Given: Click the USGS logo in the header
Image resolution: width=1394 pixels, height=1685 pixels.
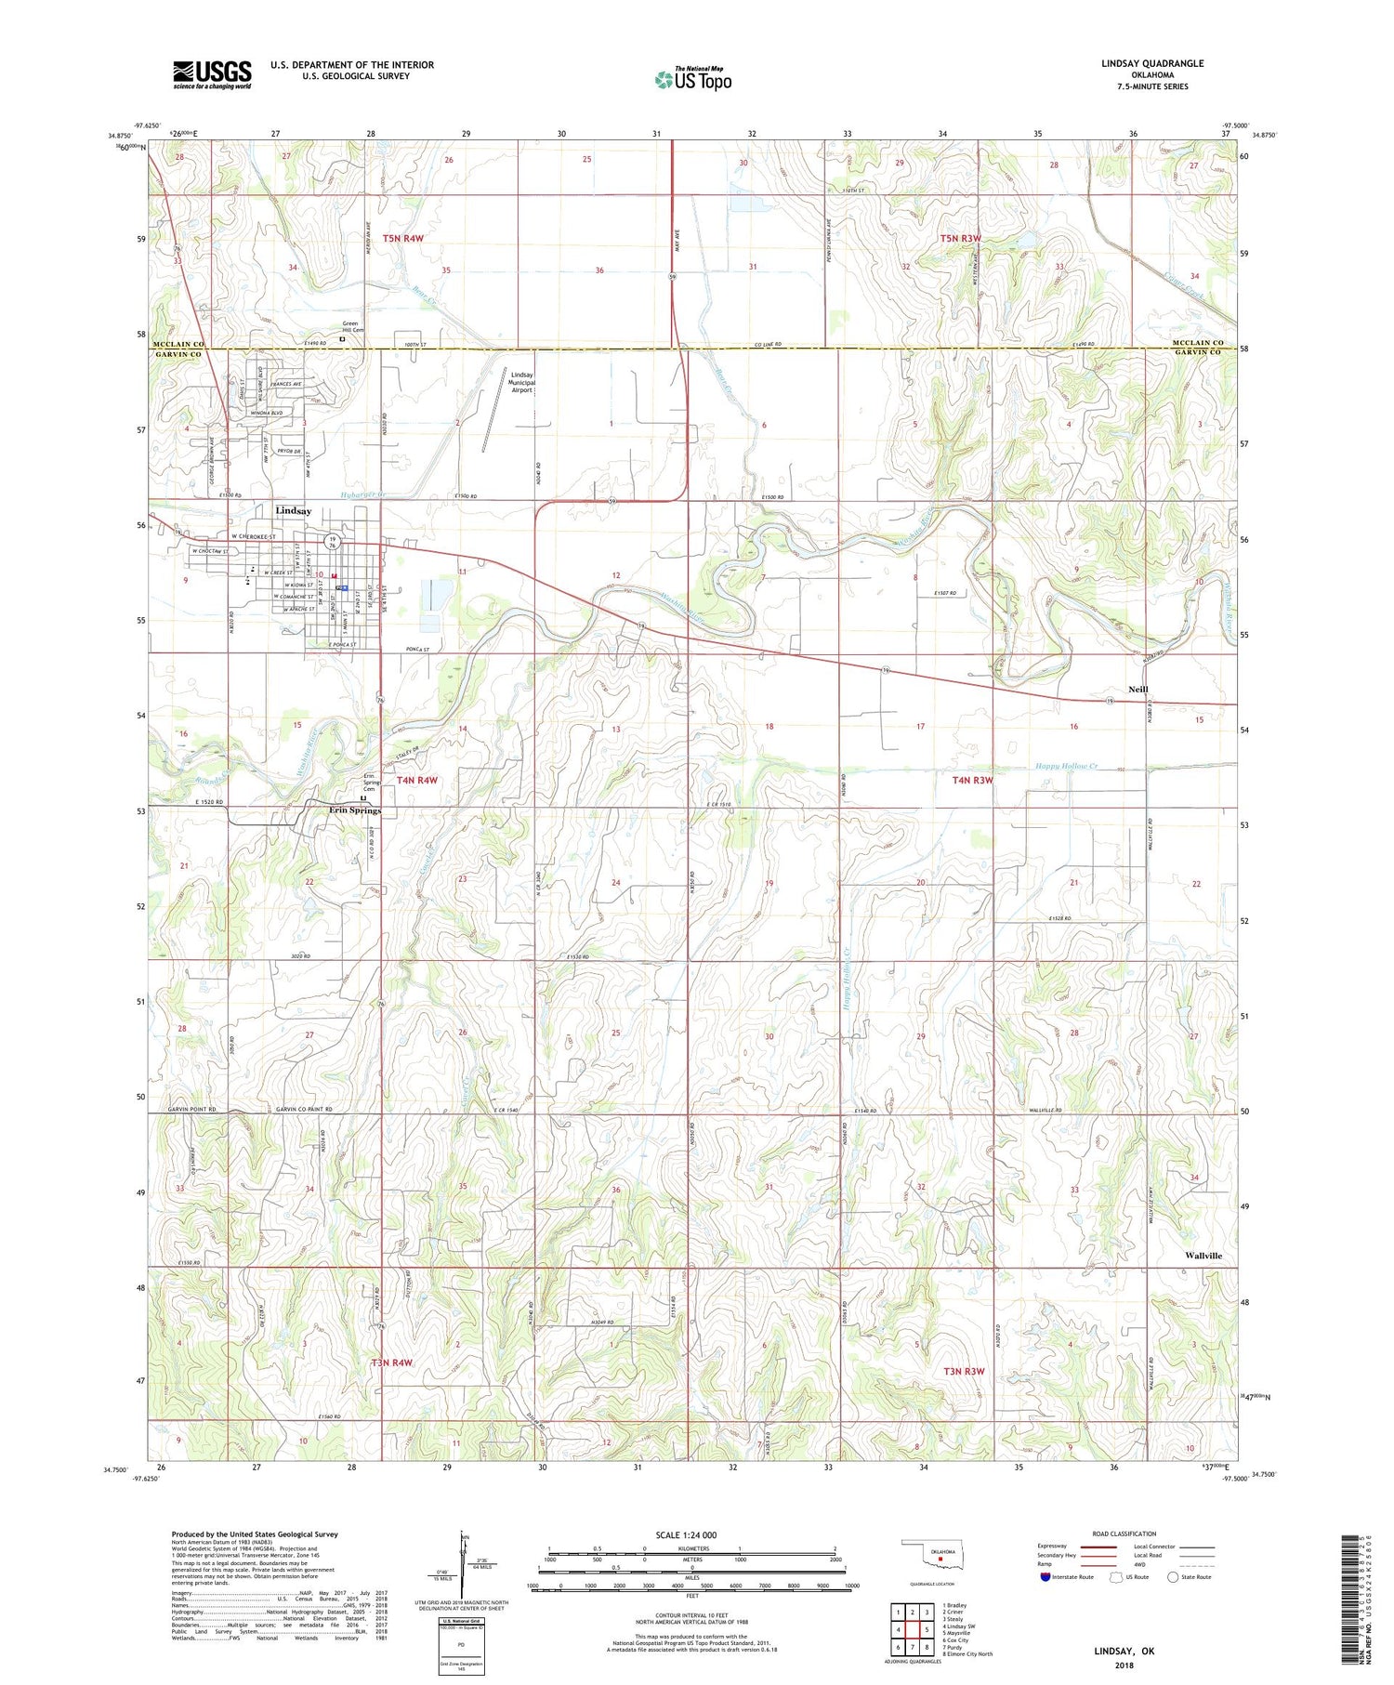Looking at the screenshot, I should pos(212,74).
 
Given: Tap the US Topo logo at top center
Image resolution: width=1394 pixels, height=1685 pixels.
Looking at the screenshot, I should pos(693,80).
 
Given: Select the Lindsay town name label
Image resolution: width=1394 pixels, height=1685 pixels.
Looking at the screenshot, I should pos(294,511).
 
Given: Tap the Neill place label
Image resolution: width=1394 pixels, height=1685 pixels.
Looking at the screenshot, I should pos(1138,690).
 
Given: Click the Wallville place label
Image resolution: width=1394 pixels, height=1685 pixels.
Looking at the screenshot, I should pos(1203,1256).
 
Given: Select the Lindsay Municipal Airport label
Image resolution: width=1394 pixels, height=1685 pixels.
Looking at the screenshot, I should pos(522,382).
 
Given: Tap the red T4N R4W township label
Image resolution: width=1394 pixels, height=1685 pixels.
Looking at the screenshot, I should pos(417,781).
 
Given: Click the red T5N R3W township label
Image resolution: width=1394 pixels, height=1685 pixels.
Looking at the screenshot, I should pos(961,239).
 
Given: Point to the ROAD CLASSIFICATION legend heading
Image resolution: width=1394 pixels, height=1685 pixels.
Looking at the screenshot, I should pos(1124,1534).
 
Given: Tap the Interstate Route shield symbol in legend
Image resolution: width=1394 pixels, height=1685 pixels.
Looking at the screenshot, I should pos(1045,1577).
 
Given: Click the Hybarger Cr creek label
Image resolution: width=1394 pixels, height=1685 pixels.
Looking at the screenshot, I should pos(362,495).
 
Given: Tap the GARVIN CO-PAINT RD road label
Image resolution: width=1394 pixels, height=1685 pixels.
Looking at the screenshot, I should pos(304,1110).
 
